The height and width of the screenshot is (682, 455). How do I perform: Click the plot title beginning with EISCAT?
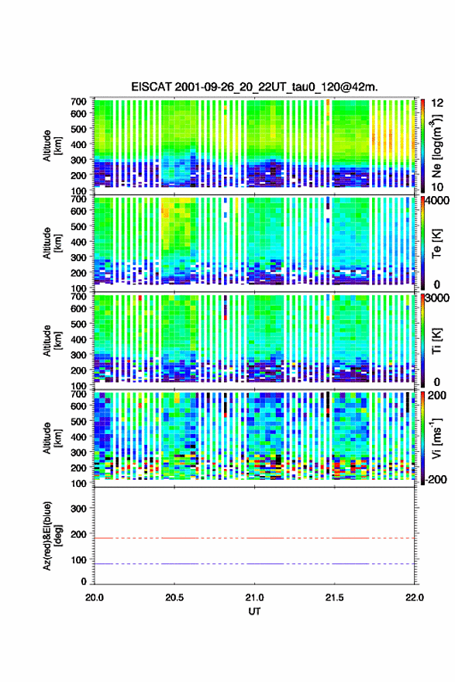pyautogui.click(x=254, y=87)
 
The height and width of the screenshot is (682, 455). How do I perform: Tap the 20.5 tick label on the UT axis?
pyautogui.click(x=174, y=598)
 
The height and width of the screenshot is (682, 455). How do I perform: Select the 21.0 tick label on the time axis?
pyautogui.click(x=254, y=598)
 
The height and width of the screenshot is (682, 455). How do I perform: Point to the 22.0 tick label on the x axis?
pyautogui.click(x=415, y=598)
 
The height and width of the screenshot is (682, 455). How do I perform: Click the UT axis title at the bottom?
pyautogui.click(x=254, y=611)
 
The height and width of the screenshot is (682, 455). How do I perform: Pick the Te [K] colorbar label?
pyautogui.click(x=436, y=243)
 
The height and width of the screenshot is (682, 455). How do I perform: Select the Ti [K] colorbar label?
pyautogui.click(x=436, y=340)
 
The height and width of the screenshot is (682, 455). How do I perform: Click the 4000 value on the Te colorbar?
pyautogui.click(x=438, y=201)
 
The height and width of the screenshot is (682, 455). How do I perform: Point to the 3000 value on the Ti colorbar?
pyautogui.click(x=438, y=298)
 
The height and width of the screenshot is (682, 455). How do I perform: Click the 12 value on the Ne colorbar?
pyautogui.click(x=438, y=103)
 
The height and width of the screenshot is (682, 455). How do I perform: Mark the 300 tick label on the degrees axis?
pyautogui.click(x=78, y=508)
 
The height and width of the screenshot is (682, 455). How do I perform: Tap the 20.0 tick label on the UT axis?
pyautogui.click(x=95, y=598)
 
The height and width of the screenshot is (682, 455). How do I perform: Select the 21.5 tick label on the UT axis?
pyautogui.click(x=335, y=598)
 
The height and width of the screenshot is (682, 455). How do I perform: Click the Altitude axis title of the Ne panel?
pyautogui.click(x=52, y=146)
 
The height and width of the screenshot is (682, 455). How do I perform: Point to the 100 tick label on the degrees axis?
pyautogui.click(x=78, y=560)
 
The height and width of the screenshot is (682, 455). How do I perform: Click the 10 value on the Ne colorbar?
pyautogui.click(x=438, y=187)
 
